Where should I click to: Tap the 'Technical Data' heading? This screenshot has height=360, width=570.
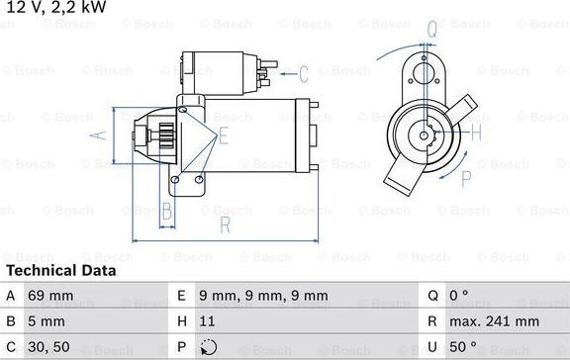tap(61, 270)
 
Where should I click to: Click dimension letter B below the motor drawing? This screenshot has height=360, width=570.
tap(167, 211)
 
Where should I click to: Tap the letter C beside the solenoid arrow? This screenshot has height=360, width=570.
tap(304, 72)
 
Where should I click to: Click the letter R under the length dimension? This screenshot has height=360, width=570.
tap(225, 226)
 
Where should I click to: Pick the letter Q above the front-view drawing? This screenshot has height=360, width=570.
tap(432, 29)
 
